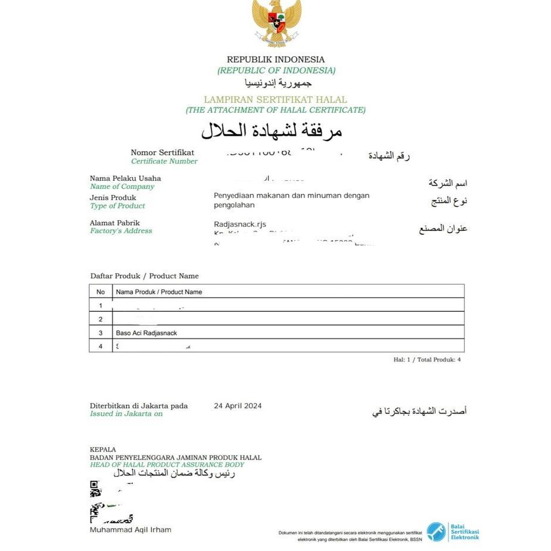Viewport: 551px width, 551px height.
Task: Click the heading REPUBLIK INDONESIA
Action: pyautogui.click(x=276, y=60)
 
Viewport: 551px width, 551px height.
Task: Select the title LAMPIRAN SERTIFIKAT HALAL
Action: pyautogui.click(x=275, y=100)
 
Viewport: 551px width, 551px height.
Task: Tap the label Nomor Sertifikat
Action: pyautogui.click(x=162, y=152)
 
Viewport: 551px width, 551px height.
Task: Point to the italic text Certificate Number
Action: pyautogui.click(x=164, y=161)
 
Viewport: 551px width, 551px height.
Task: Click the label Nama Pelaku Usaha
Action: pyautogui.click(x=125, y=178)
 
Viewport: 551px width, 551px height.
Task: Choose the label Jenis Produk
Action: pyautogui.click(x=113, y=197)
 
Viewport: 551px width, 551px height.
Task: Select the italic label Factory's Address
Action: pyautogui.click(x=121, y=231)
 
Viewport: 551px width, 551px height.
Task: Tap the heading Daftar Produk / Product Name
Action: pyautogui.click(x=144, y=276)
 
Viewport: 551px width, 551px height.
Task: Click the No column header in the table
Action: pyautogui.click(x=100, y=292)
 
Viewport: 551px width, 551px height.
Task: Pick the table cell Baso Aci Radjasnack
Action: pyautogui.click(x=146, y=333)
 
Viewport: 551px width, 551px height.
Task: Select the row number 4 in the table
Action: pyautogui.click(x=100, y=346)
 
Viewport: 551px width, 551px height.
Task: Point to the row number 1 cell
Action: pyautogui.click(x=100, y=305)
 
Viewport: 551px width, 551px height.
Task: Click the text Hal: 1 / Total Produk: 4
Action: pyautogui.click(x=427, y=359)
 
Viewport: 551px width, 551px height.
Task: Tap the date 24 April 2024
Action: pyautogui.click(x=237, y=406)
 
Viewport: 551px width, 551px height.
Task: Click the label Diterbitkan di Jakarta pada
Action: pyautogui.click(x=139, y=406)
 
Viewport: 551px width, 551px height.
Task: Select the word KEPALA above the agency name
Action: pyautogui.click(x=103, y=449)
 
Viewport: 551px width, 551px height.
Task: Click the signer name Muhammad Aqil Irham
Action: pyautogui.click(x=131, y=530)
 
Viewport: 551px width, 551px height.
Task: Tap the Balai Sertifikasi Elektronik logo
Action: pyautogui.click(x=454, y=531)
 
